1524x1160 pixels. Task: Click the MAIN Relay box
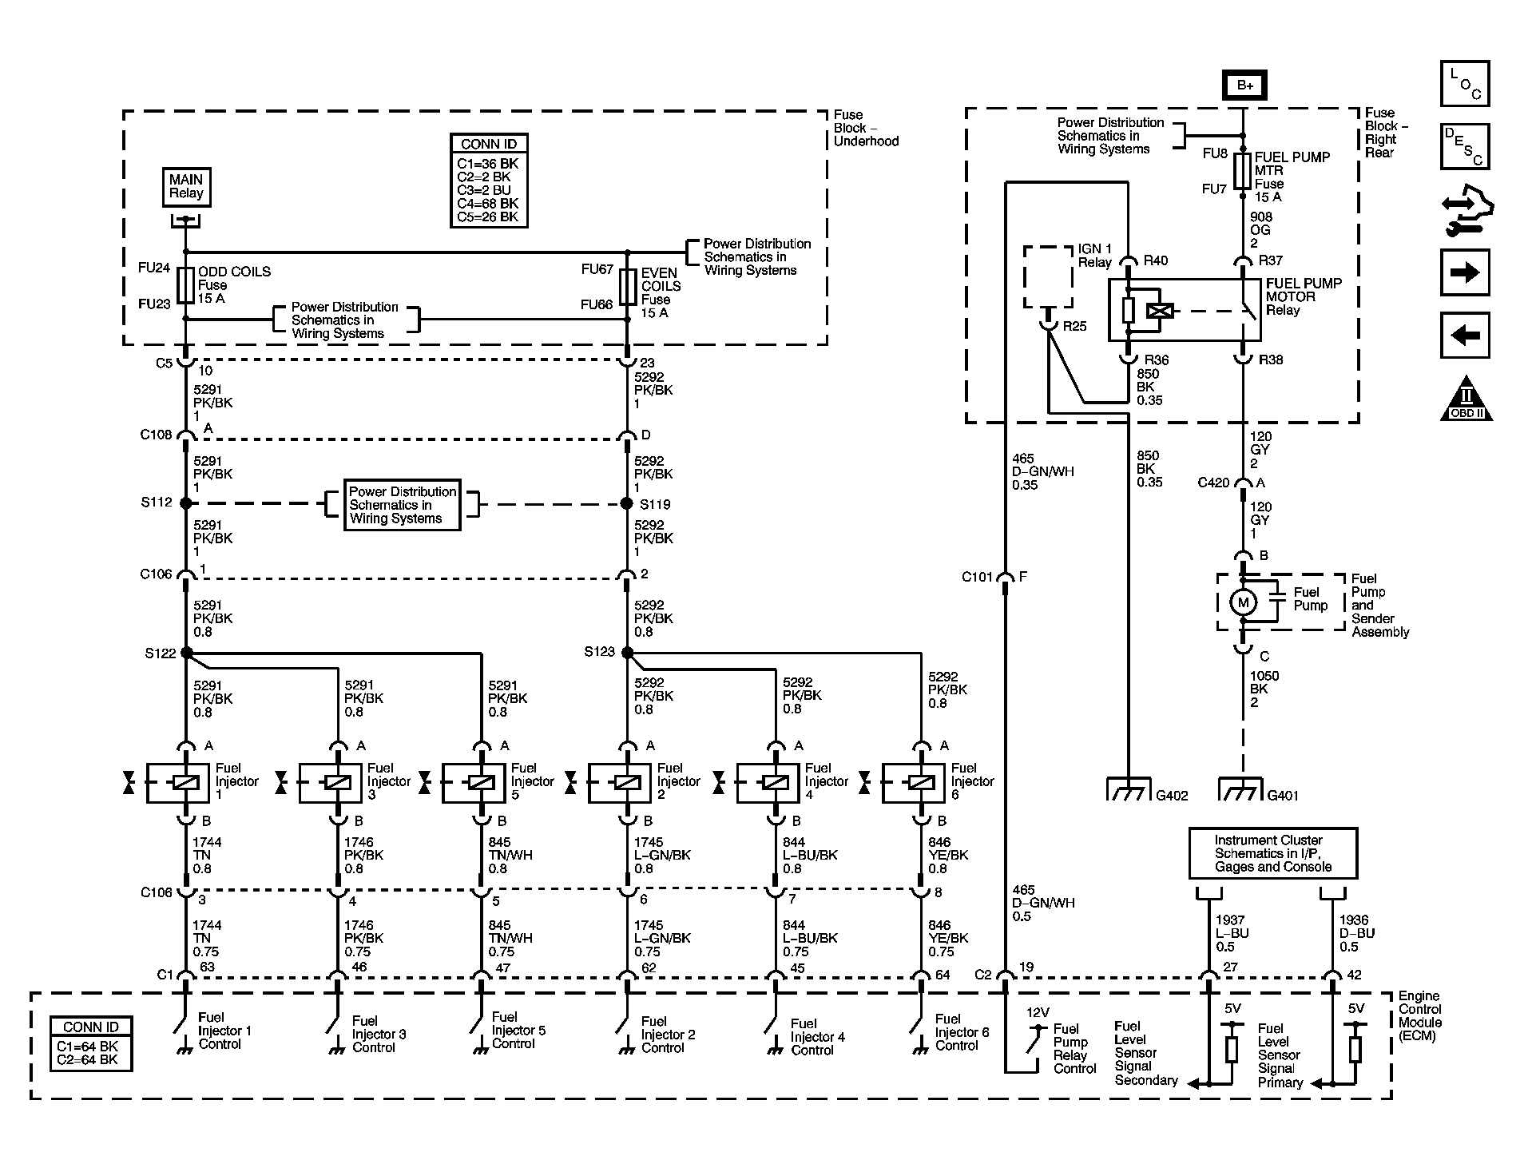(186, 187)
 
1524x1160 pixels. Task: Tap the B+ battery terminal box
(1244, 85)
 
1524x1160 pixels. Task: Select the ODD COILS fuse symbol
(185, 285)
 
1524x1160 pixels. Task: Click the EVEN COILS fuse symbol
(628, 287)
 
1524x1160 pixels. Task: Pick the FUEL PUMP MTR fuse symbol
(1242, 172)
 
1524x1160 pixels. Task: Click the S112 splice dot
(186, 503)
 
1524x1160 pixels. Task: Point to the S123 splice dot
(628, 653)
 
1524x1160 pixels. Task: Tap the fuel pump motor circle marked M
(1243, 602)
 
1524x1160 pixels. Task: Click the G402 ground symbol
(1129, 790)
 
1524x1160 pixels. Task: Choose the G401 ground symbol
(1240, 790)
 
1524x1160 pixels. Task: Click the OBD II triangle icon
(1466, 399)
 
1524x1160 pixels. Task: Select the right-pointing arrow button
(1465, 273)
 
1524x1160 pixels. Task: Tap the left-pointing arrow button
(1465, 336)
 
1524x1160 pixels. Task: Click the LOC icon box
(1465, 84)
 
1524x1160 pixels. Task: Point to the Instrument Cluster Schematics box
(1272, 853)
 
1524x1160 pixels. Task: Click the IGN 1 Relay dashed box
(1049, 276)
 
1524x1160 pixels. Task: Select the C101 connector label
(976, 577)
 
